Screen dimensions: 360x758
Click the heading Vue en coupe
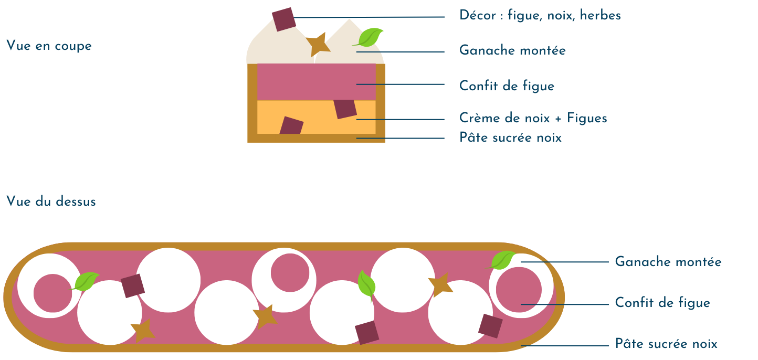tap(49, 46)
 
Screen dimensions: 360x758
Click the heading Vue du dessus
tap(51, 202)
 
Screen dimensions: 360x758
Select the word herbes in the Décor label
tap(601, 16)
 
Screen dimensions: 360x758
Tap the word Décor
tap(478, 16)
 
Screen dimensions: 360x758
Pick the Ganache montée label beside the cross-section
tap(512, 51)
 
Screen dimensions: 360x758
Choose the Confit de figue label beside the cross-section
tap(507, 86)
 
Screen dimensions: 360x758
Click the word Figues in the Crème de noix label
tap(587, 119)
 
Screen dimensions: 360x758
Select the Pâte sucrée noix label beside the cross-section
tap(510, 138)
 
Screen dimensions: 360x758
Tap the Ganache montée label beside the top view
tap(668, 262)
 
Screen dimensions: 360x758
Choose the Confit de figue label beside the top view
tap(662, 303)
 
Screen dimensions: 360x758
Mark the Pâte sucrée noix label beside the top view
tap(666, 344)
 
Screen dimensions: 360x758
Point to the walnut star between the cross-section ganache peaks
tap(318, 44)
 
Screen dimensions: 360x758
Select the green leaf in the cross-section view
tap(371, 37)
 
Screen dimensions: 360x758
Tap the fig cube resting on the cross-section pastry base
tap(291, 126)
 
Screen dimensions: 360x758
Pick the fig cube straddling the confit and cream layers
tap(345, 109)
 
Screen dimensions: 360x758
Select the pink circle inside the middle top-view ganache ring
tap(290, 272)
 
